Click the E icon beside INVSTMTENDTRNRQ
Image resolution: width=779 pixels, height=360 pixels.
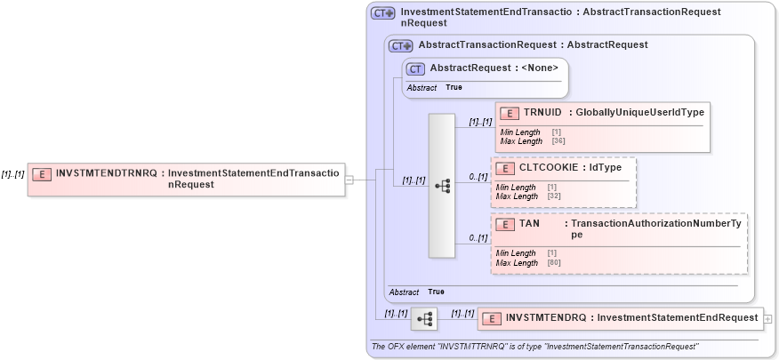point(41,174)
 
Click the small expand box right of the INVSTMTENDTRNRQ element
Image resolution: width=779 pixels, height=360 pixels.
point(349,180)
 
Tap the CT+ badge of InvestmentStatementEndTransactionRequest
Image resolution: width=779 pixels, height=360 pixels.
point(382,13)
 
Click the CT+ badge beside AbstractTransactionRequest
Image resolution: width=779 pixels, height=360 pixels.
point(400,45)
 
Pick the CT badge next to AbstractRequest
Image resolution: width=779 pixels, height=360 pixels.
point(414,68)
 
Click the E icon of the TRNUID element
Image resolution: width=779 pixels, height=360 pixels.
point(510,113)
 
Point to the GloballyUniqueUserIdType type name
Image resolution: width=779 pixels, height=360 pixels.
point(640,113)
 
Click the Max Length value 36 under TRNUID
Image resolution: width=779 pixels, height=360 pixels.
point(558,141)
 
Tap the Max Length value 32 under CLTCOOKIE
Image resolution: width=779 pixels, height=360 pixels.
point(552,196)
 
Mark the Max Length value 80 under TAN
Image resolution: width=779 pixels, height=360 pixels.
point(552,263)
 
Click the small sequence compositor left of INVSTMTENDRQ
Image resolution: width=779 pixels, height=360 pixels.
point(424,317)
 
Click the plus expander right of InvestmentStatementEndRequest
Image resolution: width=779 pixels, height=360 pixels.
point(767,317)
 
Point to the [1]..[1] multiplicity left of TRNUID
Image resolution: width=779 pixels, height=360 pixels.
point(480,122)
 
